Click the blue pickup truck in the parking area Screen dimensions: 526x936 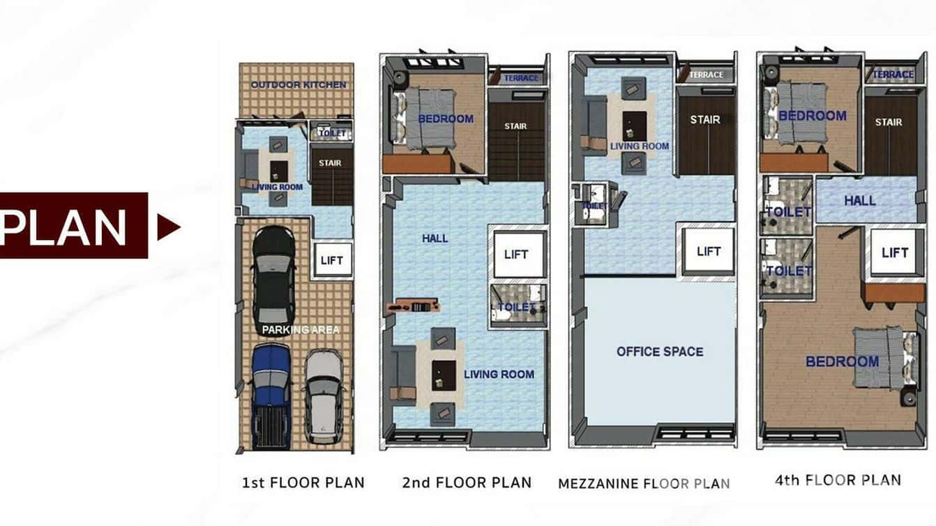tap(271, 394)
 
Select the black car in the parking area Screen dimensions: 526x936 tap(273, 279)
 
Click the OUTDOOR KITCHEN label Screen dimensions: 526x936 tap(298, 84)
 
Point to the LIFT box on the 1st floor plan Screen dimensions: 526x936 tap(332, 261)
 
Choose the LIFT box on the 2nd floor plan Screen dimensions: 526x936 tap(516, 255)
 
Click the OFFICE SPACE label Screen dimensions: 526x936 tap(660, 352)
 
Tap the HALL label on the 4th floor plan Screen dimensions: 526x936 tap(859, 200)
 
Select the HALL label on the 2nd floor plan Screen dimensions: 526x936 tap(435, 239)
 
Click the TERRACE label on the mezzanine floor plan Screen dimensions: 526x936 tap(706, 75)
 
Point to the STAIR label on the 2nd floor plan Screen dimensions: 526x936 tap(515, 126)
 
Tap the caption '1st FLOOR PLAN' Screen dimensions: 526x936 tap(303, 483)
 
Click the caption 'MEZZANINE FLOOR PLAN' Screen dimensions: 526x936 tap(644, 483)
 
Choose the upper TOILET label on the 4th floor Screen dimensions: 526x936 tap(788, 211)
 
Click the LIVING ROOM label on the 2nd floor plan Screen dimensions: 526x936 tap(499, 375)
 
